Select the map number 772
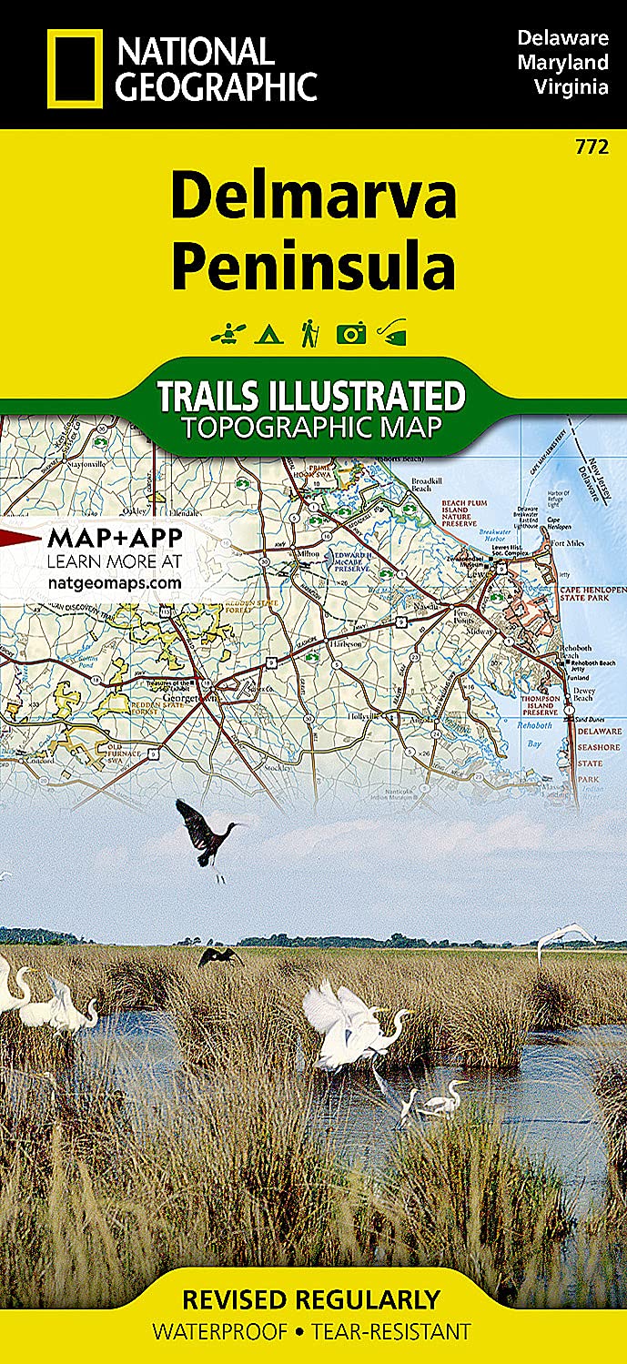tap(598, 147)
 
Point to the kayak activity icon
tap(224, 335)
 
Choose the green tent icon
tap(267, 335)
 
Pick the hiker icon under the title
tap(309, 333)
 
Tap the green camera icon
tap(350, 334)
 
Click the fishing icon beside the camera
tap(392, 334)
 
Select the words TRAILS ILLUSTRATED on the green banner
tap(311, 397)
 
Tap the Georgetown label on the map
tap(198, 700)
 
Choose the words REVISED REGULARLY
tap(311, 1298)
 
